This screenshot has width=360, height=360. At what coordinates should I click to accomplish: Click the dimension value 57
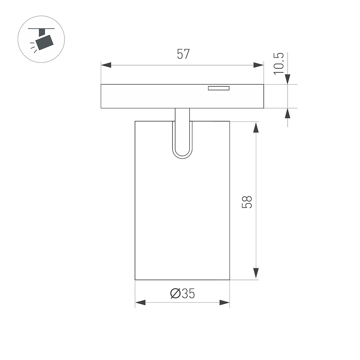(183, 54)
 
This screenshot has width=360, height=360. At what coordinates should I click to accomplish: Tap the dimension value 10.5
(278, 64)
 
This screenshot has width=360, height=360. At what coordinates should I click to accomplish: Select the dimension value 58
(247, 202)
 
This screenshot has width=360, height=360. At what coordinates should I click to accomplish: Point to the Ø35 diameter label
(182, 293)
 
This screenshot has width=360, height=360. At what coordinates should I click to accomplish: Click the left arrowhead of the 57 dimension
(106, 65)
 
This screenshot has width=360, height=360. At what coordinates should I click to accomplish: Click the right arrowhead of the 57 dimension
(259, 65)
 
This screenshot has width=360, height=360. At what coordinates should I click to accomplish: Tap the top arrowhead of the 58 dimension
(256, 127)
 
